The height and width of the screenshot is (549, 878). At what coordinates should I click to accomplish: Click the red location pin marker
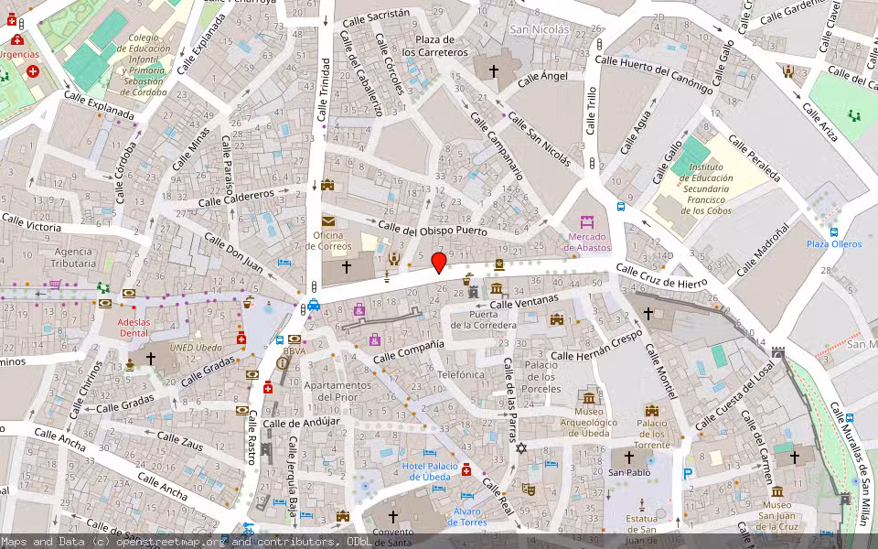pos(439,264)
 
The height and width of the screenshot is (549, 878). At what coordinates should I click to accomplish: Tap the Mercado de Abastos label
pos(586,241)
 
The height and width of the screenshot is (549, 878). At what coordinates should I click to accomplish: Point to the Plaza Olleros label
pos(833,244)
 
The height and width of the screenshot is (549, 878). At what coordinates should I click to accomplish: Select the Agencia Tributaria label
pos(73,257)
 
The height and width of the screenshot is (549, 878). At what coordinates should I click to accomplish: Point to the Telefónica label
pos(461,375)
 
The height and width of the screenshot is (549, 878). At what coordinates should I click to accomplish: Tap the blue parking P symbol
pos(688,474)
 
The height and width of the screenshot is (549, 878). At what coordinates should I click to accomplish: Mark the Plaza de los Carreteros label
pos(435,46)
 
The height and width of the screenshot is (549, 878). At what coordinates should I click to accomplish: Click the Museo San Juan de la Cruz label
pos(776,511)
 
